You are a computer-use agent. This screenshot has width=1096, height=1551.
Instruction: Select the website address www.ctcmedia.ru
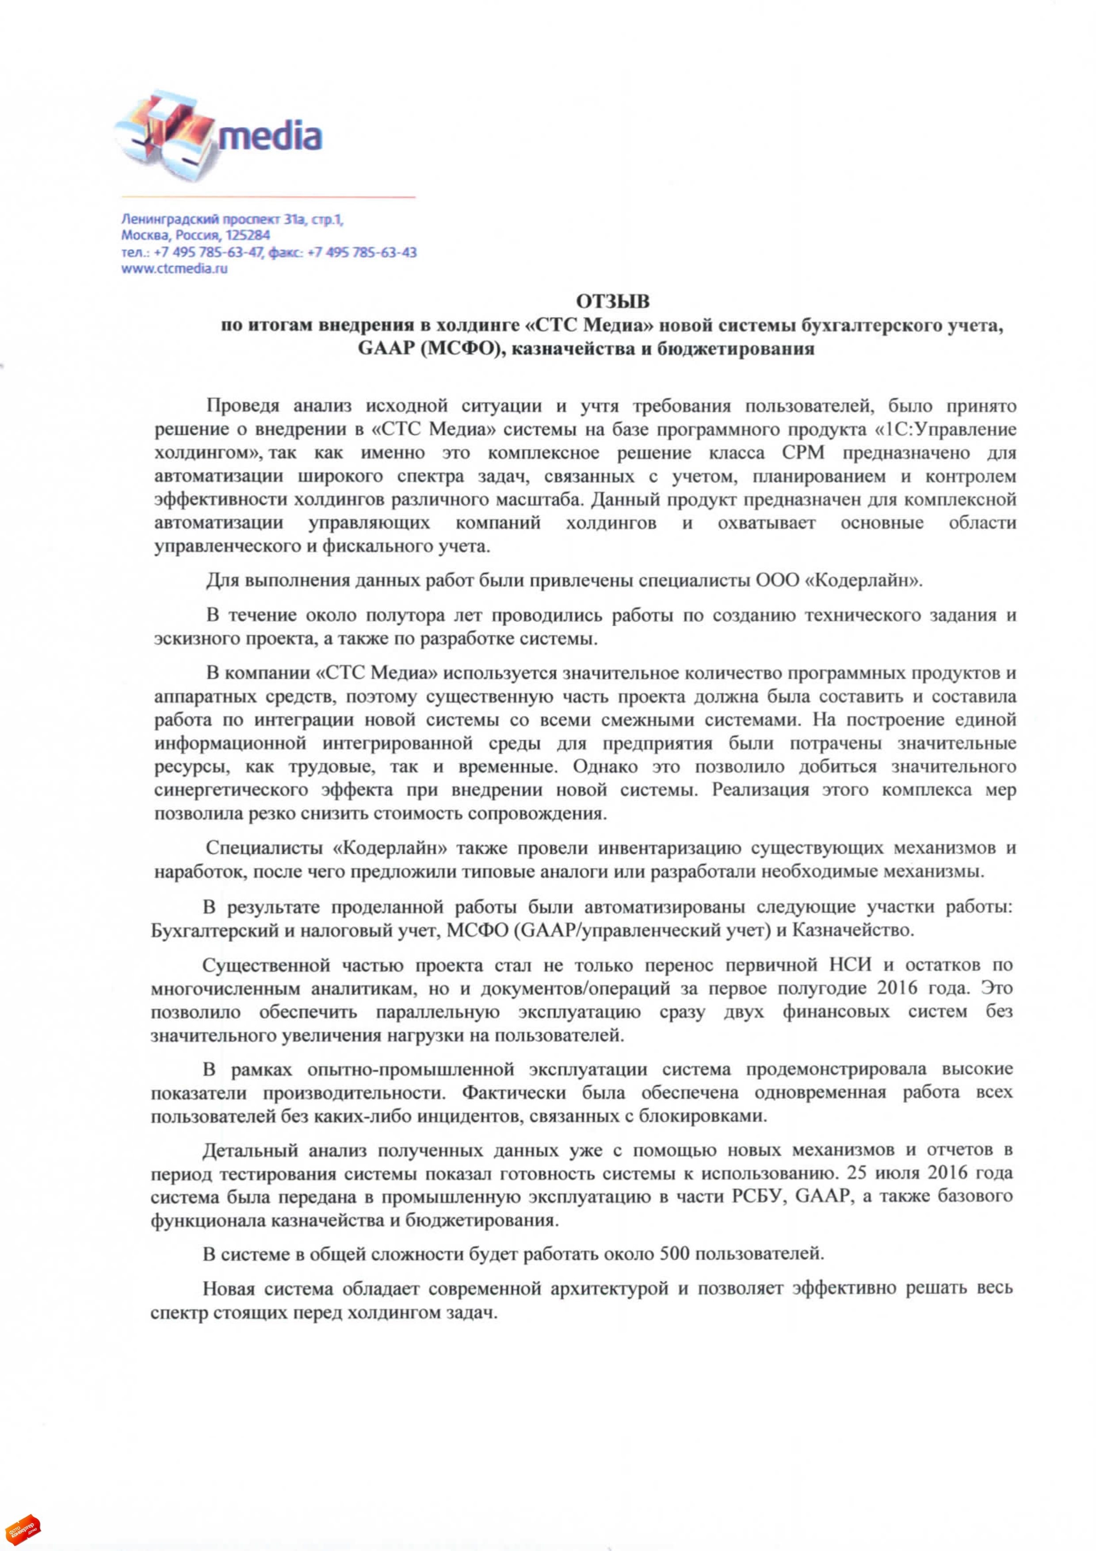tap(174, 268)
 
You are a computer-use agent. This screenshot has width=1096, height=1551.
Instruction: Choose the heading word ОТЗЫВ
tap(612, 301)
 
